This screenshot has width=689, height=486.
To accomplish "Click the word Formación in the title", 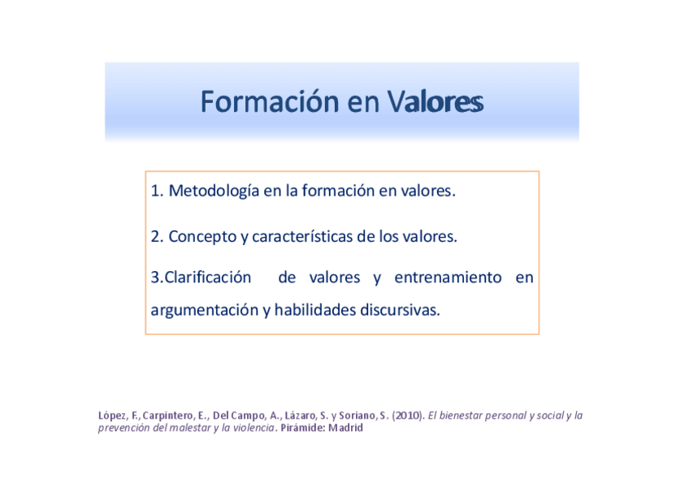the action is coord(270,101).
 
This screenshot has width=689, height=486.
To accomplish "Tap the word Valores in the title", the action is coord(435,101).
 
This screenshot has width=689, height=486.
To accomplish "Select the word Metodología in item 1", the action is coord(214,191).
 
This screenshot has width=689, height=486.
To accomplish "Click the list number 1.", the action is coord(157,191).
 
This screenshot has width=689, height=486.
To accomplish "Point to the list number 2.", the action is coord(157,237).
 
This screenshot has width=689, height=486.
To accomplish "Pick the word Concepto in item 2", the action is coord(202,237).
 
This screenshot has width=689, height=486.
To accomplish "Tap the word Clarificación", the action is coord(207,277).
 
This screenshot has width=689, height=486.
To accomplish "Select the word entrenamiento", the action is coord(448,277).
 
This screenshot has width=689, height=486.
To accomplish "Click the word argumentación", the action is coord(204,311).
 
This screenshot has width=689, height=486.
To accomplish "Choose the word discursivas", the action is coord(400,310).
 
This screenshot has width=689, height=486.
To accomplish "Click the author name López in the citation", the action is coord(112,416).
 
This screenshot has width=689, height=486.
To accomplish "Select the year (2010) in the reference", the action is coord(408,415).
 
